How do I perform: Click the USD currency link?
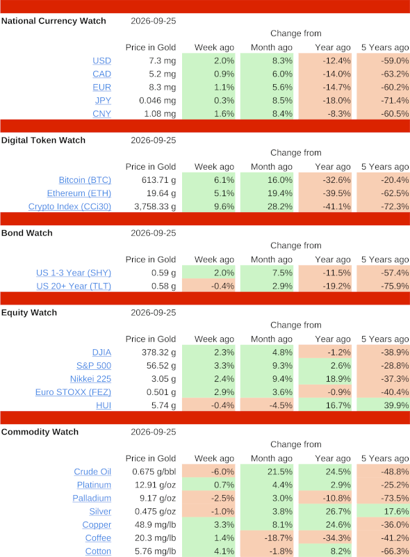102,60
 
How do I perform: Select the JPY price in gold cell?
158,101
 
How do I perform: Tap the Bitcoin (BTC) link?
85,180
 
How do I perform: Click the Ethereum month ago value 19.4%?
280,193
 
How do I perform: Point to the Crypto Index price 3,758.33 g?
155,207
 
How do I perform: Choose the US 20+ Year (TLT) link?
74,286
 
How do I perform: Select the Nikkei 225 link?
90,379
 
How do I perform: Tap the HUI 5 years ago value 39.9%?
396,405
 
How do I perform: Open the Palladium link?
92,498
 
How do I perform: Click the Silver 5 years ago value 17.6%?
396,512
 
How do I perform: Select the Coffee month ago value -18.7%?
279,538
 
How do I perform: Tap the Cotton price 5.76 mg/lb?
156,551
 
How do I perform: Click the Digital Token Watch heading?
43,140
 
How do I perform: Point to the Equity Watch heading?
29,313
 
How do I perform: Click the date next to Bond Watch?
154,233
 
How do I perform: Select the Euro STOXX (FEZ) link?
73,392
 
